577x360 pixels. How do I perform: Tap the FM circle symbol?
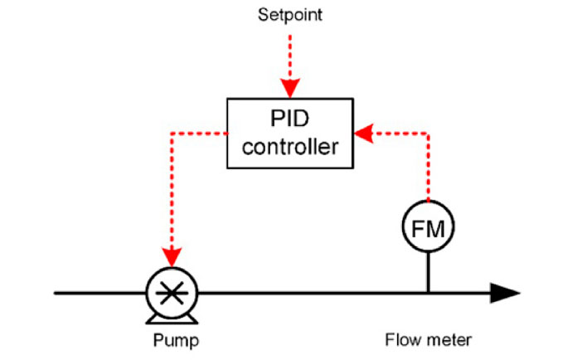429,229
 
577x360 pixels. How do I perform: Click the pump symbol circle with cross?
172,293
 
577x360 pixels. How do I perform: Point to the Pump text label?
176,339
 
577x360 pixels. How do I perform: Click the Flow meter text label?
429,339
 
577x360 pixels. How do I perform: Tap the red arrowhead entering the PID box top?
290,88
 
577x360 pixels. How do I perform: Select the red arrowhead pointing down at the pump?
172,254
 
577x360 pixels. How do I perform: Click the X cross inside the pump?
172,293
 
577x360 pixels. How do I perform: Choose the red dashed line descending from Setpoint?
290,54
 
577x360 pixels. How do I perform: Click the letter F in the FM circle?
419,229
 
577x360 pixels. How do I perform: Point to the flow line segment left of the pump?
99,293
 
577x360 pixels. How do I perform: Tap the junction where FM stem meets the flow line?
429,293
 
